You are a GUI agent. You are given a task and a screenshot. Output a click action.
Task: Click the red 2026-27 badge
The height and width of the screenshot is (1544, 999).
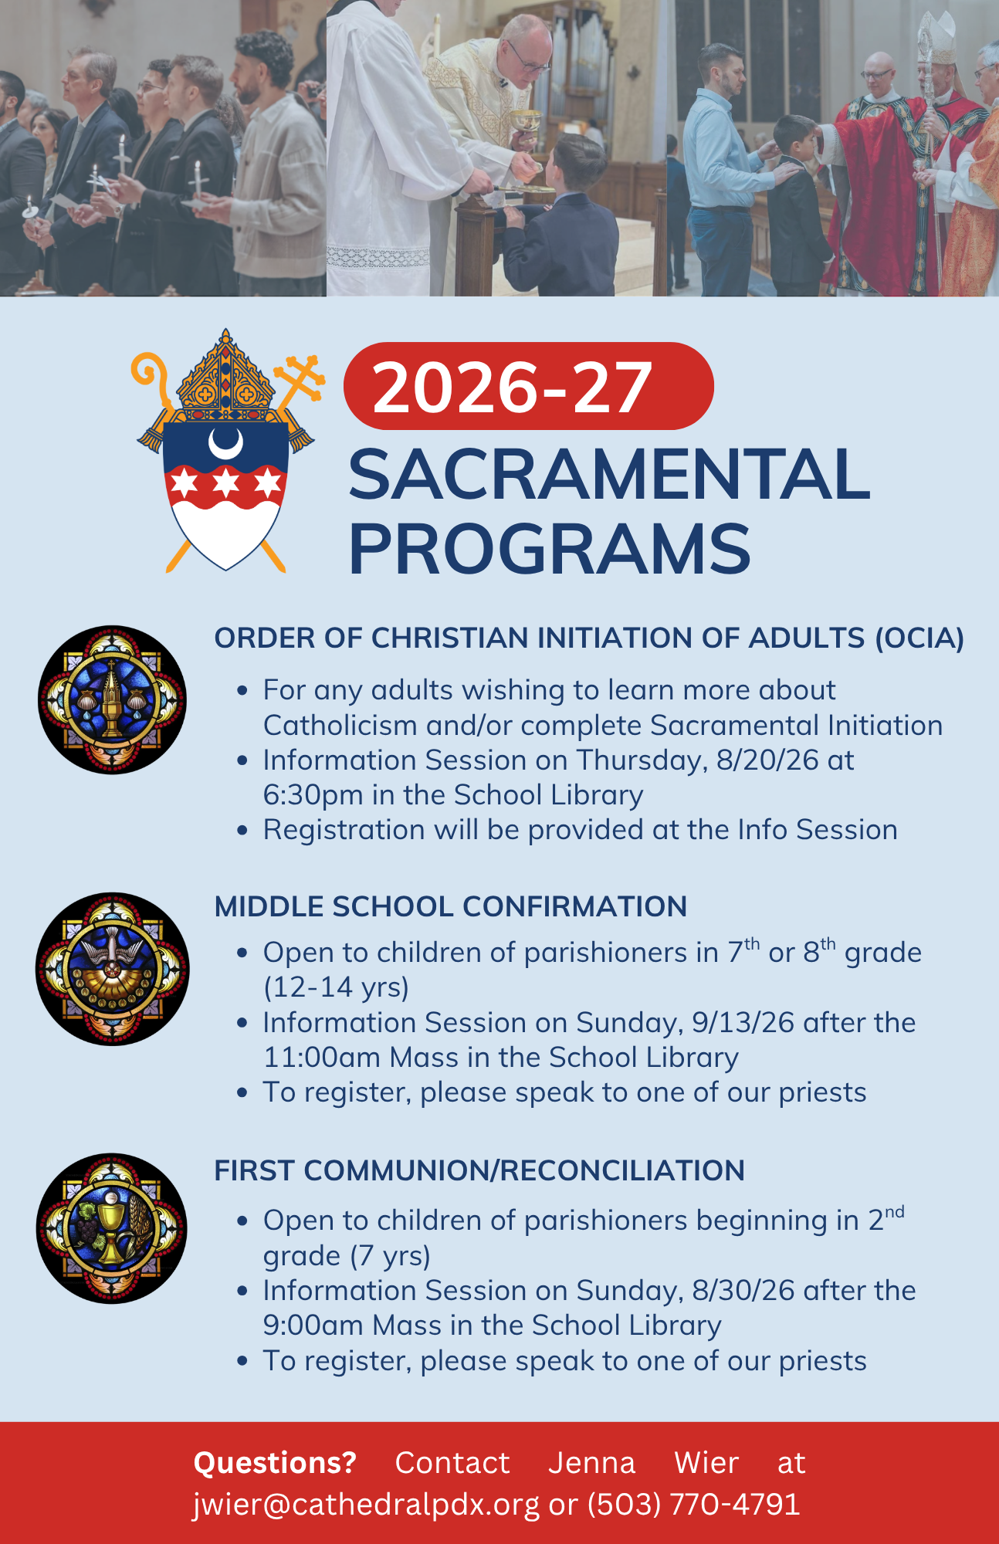pyautogui.click(x=529, y=386)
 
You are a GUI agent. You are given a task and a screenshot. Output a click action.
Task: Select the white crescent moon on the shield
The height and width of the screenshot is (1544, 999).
pyautogui.click(x=225, y=443)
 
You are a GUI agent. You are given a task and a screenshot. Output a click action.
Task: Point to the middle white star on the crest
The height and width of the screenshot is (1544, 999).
pyautogui.click(x=225, y=483)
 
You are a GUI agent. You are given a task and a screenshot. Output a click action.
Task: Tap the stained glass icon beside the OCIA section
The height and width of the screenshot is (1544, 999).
pyautogui.click(x=113, y=699)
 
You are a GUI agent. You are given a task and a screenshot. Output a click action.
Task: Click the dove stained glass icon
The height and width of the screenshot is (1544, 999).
pyautogui.click(x=113, y=969)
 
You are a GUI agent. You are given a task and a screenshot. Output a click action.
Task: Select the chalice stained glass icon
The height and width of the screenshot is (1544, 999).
pyautogui.click(x=112, y=1228)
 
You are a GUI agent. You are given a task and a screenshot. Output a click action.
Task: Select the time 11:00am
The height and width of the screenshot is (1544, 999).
pyautogui.click(x=322, y=1058)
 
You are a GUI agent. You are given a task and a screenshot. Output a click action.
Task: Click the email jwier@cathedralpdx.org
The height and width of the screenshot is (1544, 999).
pyautogui.click(x=366, y=1505)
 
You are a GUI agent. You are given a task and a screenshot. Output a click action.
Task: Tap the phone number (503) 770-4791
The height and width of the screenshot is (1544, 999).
pyautogui.click(x=693, y=1505)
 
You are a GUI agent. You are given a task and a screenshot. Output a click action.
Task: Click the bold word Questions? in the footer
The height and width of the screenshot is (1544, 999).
pyautogui.click(x=275, y=1463)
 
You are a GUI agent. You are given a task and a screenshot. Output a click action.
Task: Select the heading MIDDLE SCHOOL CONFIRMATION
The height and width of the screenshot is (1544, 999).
pyautogui.click(x=451, y=907)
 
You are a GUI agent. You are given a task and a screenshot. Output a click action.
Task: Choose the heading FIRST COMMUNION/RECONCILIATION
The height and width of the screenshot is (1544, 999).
pyautogui.click(x=479, y=1171)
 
